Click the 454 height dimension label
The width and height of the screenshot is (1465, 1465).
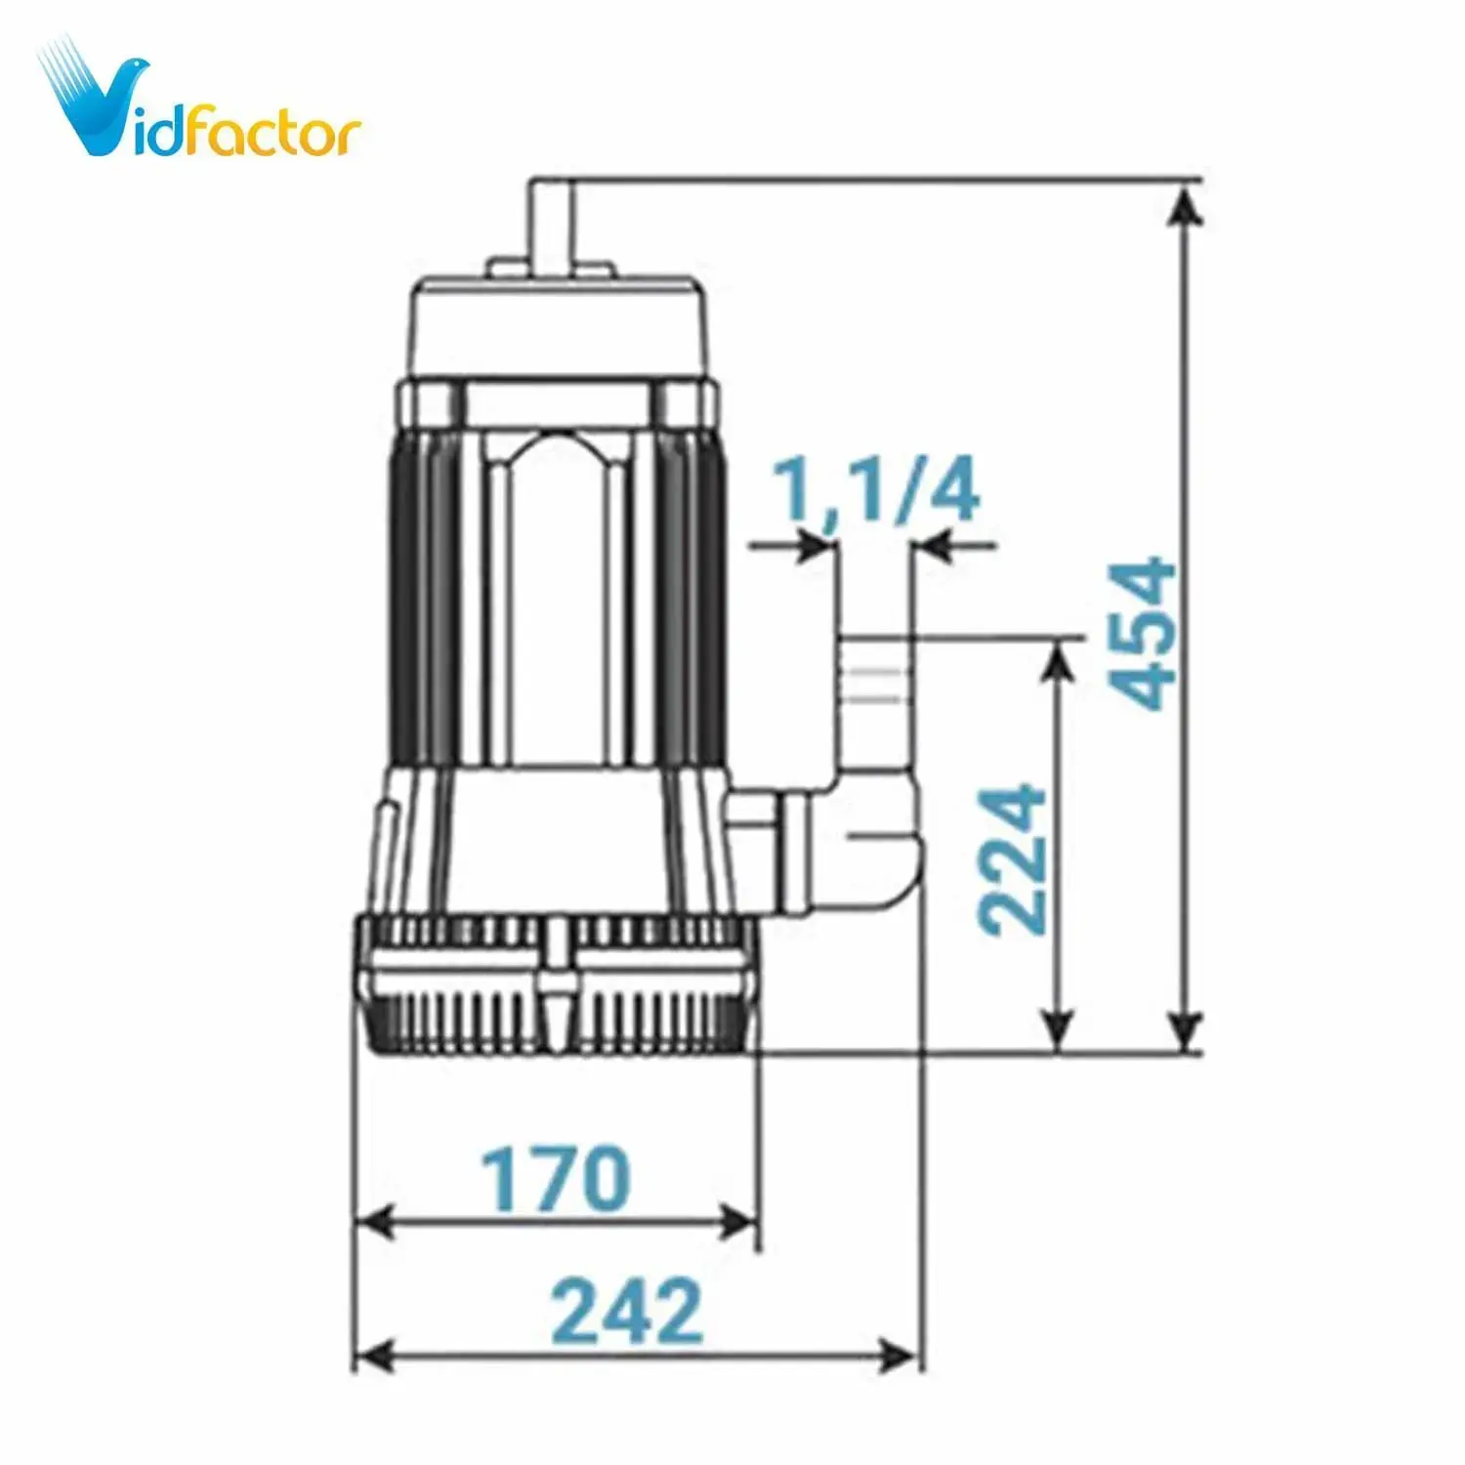click(1145, 632)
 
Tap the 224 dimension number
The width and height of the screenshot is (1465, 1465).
click(1013, 858)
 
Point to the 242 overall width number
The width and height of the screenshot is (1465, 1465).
click(626, 1310)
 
